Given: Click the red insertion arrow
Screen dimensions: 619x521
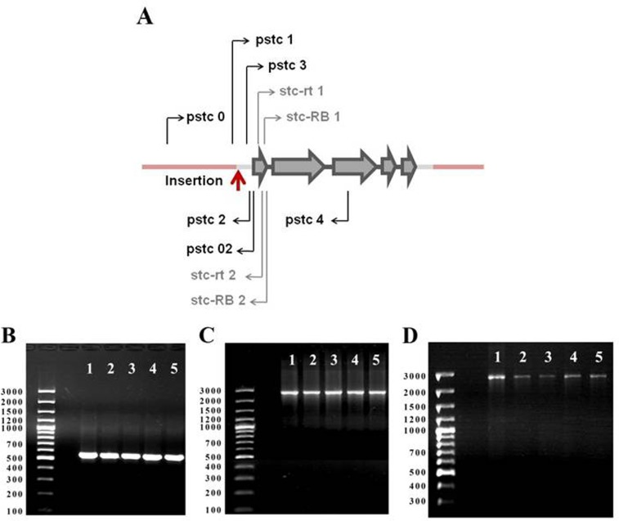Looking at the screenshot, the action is pos(238,181).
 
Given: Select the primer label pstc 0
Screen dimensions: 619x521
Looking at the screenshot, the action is pos(205,117).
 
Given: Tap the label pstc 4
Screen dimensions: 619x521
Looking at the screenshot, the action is pos(304,220).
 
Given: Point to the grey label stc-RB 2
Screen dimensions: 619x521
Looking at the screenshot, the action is pos(218,300).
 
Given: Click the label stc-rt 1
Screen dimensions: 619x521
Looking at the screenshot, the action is pos(301,91).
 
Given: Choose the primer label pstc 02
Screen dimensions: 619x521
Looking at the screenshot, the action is pos(209,249).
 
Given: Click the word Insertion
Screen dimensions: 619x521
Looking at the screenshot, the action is pos(194,181).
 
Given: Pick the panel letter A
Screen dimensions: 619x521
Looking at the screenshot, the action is pos(145,18).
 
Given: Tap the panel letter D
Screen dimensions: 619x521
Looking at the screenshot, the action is pos(410,336).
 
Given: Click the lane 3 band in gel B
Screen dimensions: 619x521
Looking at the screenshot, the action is pos(131,456).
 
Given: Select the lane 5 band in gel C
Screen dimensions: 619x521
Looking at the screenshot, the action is pos(376,393).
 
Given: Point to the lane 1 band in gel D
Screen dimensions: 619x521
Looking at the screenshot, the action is pos(497,377).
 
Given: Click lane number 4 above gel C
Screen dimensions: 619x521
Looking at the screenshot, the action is pos(355,360).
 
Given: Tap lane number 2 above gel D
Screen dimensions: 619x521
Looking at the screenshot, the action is pos(523,357).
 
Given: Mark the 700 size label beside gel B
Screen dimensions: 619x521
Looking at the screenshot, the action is pos(15,444).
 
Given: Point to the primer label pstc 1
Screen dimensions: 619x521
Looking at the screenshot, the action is pos(275,39).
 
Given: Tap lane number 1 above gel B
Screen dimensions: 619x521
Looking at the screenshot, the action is pos(90,369).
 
